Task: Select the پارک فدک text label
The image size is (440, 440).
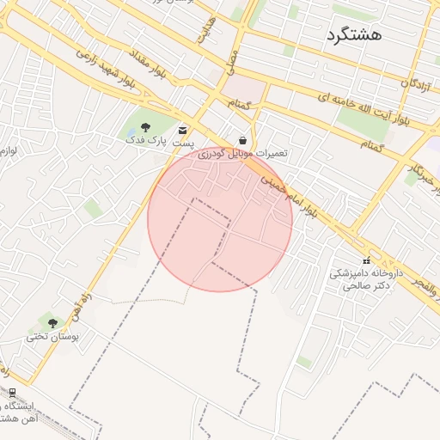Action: (145, 139)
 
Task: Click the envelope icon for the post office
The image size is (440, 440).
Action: (182, 129)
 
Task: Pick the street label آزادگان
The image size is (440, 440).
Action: (416, 84)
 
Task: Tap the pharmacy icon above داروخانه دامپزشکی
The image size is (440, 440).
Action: (366, 260)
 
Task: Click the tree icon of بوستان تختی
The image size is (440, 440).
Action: (53, 323)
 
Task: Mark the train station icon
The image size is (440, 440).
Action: (12, 393)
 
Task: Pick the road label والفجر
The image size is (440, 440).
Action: (426, 289)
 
